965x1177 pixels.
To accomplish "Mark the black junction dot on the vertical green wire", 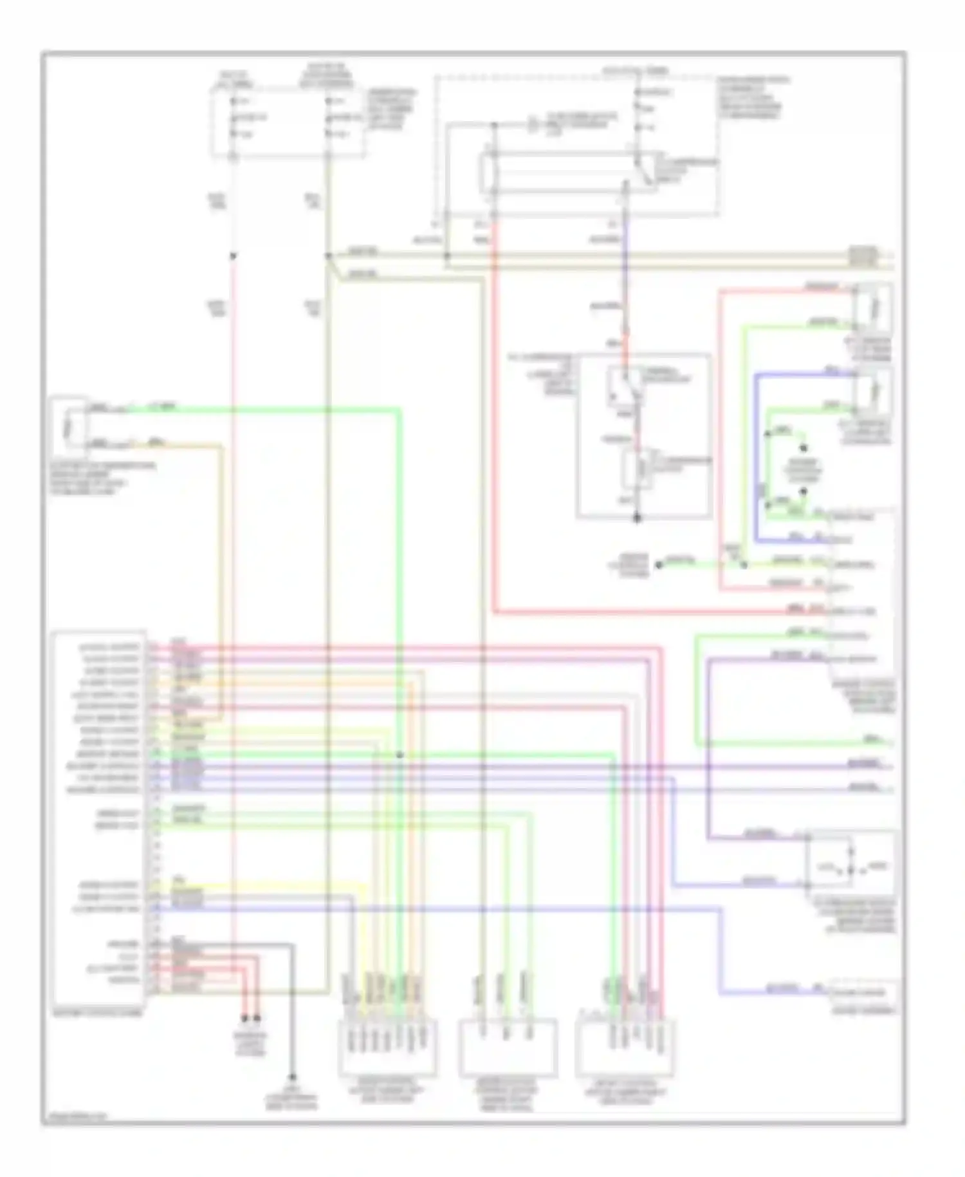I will pos(400,755).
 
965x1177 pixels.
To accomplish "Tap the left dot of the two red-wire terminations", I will pos(244,1019).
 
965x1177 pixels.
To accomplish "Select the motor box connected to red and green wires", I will pos(873,310).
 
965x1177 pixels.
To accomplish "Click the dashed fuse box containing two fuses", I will pos(288,122).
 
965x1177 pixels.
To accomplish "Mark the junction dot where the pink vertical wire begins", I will pos(234,256).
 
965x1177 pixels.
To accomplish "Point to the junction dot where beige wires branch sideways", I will pos(329,256).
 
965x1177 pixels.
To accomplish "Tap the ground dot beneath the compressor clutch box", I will pos(637,518).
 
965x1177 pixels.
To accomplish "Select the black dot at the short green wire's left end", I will pos(658,565).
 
